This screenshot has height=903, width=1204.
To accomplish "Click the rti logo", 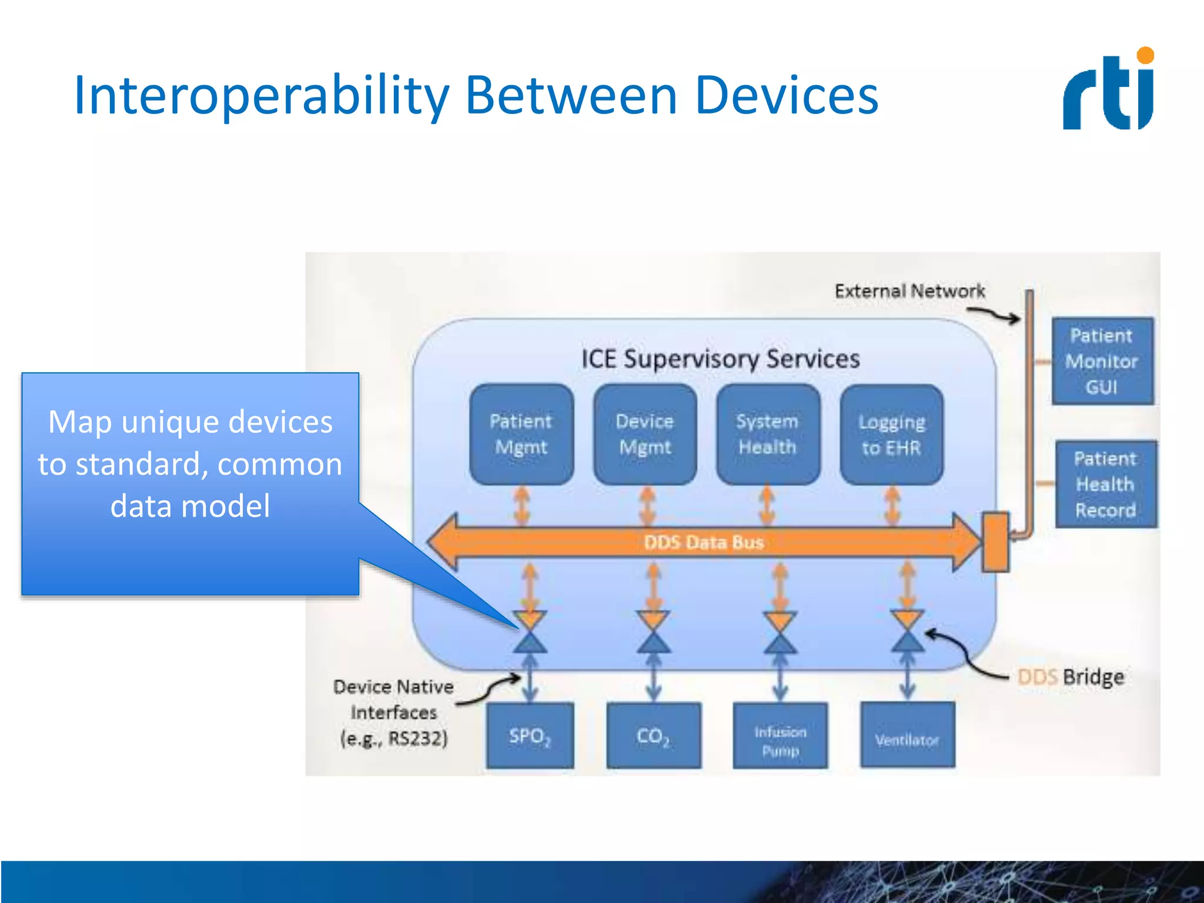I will point(1109,89).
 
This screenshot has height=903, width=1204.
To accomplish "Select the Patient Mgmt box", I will point(521,434).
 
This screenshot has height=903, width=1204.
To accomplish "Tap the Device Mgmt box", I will point(645,434).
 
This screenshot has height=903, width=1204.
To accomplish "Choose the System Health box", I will point(768,434).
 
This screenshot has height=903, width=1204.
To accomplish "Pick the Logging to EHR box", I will point(891,435).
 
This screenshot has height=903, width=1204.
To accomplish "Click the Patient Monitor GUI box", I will point(1102,361).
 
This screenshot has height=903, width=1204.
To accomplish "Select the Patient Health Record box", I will point(1105,484).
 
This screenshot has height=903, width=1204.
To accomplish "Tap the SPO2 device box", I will point(530,735).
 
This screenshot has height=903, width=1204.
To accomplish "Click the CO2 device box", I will point(653,735).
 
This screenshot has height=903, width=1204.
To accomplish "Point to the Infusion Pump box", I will point(780,741).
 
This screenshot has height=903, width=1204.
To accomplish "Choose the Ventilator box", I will point(907,740).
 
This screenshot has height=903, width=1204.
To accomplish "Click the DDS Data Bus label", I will point(704,542).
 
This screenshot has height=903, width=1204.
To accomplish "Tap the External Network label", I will point(909,291).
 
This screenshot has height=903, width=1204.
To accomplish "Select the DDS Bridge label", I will point(1071,677).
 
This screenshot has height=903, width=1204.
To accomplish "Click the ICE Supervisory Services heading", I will point(720,359).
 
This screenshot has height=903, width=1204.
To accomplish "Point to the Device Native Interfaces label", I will point(393,712).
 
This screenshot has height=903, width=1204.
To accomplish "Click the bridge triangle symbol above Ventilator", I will point(907,632).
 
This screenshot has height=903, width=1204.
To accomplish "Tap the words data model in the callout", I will point(190,506).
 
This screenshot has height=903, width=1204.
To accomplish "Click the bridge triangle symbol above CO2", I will point(653,632).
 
